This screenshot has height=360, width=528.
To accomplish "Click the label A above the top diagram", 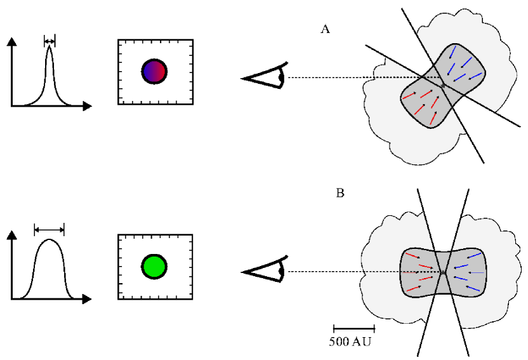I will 326,29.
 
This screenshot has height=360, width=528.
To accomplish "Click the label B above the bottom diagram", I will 340,193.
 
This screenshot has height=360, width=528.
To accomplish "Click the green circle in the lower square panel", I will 154,265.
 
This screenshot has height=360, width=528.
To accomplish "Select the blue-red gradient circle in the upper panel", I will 154,71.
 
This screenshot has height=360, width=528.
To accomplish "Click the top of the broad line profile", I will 49,241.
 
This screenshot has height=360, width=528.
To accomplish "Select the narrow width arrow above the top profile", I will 49,41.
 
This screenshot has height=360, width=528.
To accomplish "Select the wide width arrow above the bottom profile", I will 49,229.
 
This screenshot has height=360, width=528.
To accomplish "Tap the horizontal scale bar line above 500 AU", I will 354,329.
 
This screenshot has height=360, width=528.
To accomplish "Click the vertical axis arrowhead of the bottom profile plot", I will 11,236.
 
